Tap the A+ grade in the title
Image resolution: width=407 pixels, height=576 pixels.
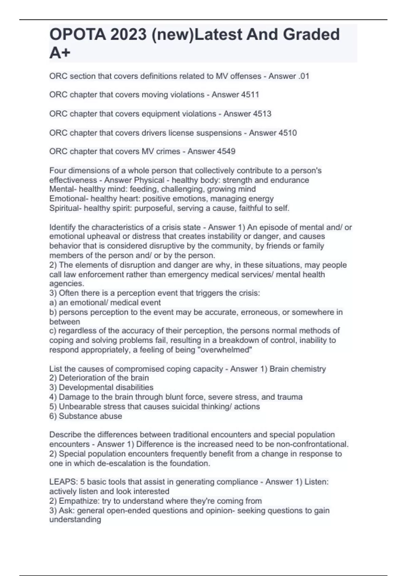[x=60, y=53]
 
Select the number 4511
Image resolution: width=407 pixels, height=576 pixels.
[x=250, y=95]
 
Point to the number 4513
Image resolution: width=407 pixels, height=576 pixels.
[x=261, y=114]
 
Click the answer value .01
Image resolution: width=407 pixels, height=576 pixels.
[x=304, y=76]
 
